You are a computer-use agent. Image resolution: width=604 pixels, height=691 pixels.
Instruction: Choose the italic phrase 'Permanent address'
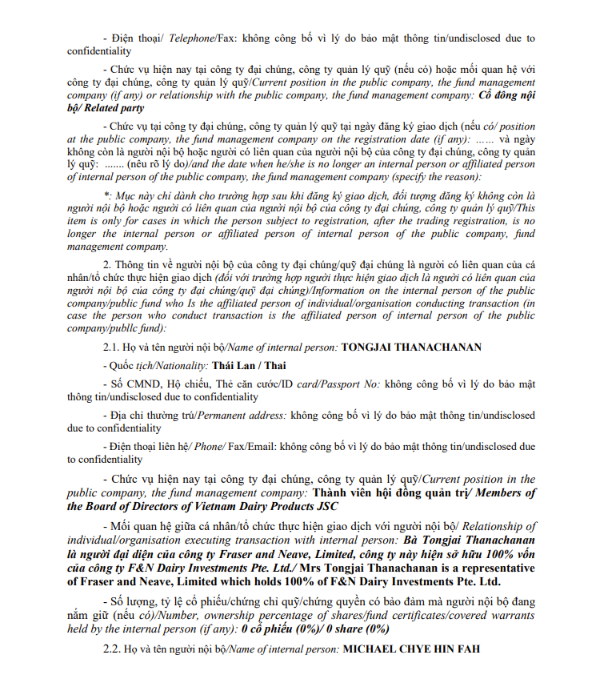point(241,416)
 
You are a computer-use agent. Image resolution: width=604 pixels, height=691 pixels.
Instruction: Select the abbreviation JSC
point(324,506)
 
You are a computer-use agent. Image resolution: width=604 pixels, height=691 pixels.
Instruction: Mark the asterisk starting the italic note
point(107,195)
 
